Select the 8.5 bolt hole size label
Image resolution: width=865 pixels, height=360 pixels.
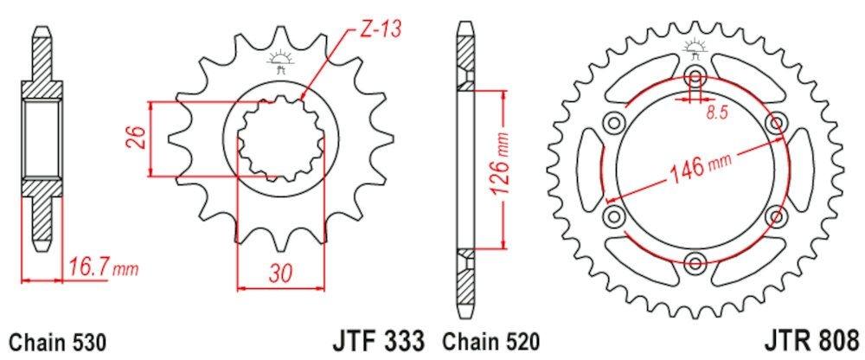click(716, 111)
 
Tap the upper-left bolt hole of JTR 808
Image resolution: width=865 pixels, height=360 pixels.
click(615, 120)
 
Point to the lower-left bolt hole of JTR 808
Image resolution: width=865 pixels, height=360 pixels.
click(615, 215)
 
